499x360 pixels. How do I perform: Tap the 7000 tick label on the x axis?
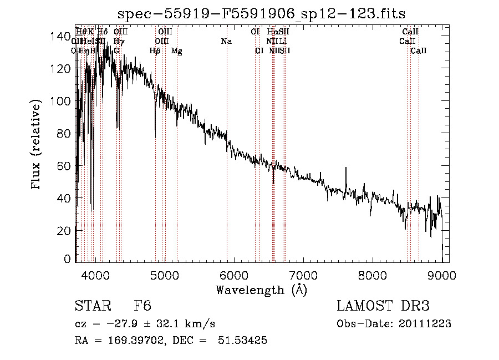(303, 275)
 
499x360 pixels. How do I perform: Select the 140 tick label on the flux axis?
(58, 37)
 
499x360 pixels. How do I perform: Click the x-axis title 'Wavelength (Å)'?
(261, 290)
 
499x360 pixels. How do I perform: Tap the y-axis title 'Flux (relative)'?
(37, 145)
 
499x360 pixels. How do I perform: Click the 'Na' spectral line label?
(226, 41)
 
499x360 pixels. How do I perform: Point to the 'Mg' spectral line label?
(176, 51)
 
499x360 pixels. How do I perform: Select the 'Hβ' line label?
(155, 51)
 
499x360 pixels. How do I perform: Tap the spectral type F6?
(142, 306)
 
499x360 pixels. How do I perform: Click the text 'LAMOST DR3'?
(383, 306)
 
